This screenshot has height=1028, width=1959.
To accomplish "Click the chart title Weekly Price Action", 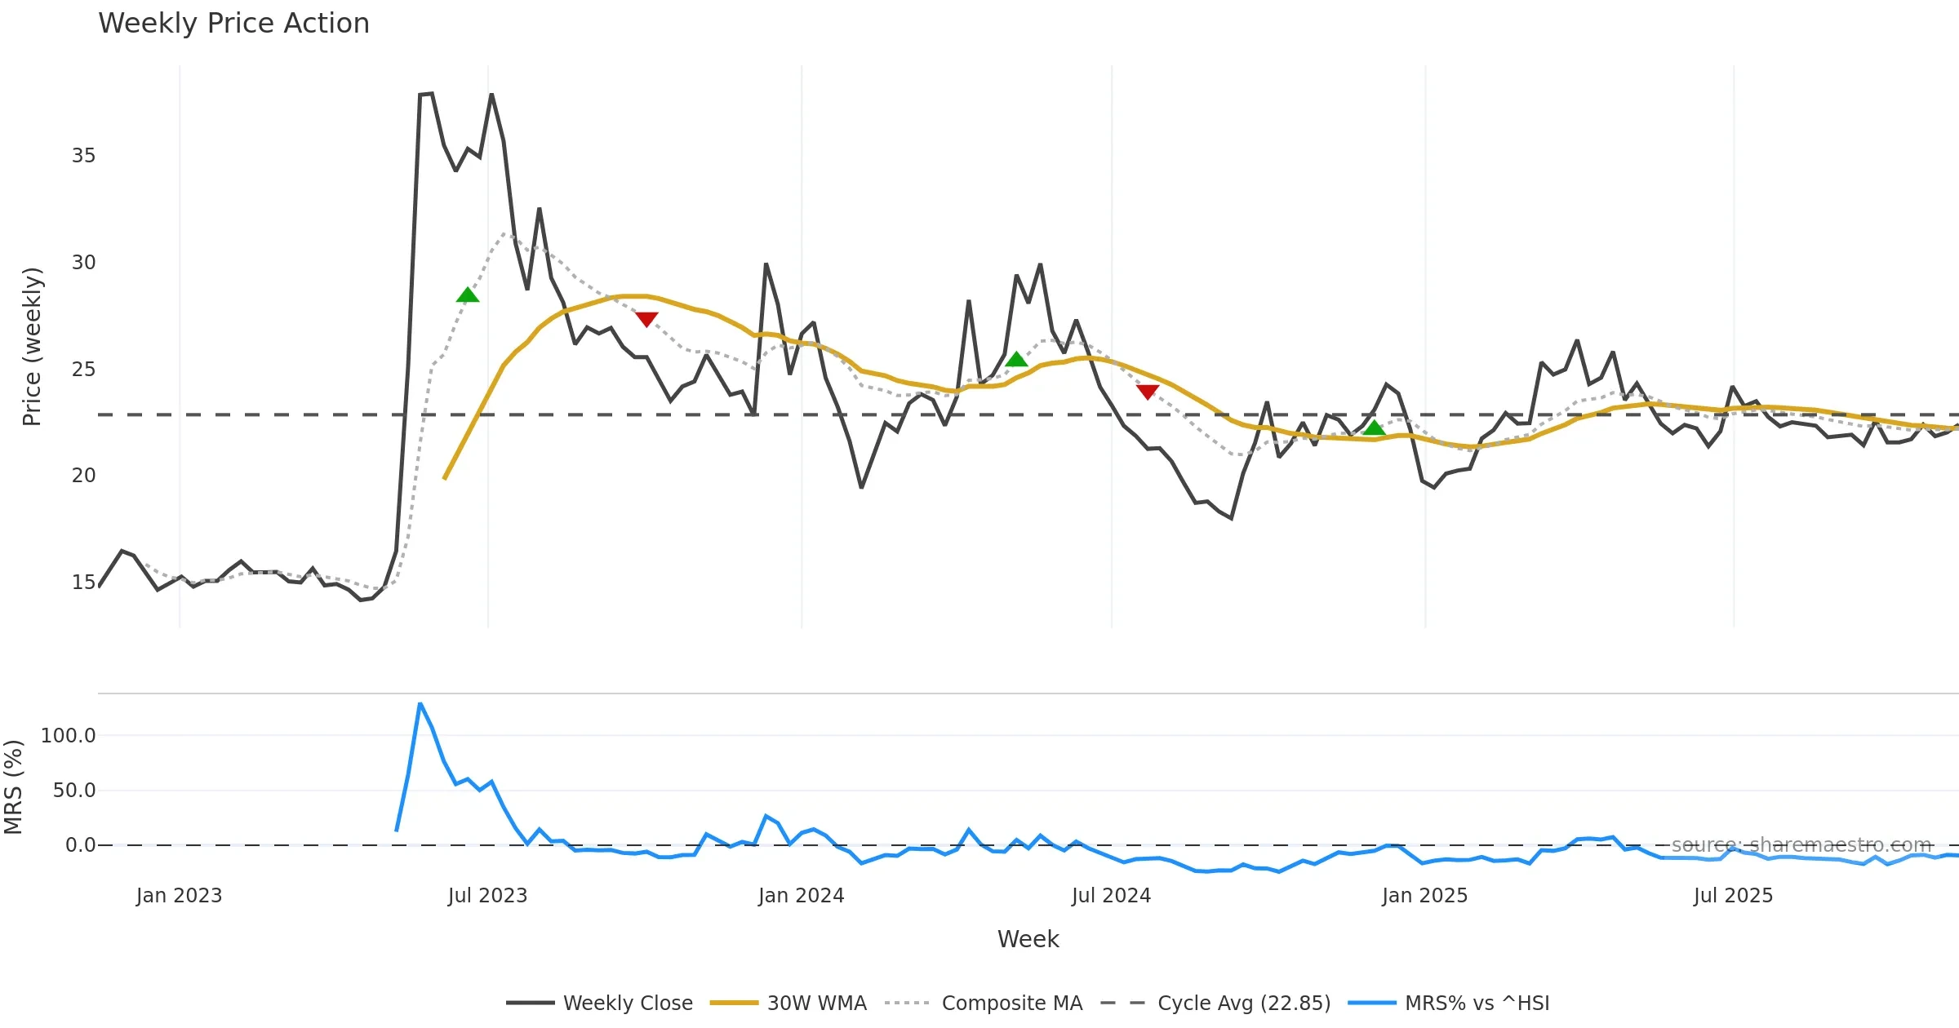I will tap(233, 24).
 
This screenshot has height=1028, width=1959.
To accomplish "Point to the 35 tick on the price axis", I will tap(83, 156).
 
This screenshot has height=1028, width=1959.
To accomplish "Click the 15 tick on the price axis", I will tap(83, 583).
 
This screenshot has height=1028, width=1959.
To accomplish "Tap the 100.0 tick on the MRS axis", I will tap(69, 736).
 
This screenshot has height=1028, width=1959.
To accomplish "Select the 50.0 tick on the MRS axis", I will tap(74, 791).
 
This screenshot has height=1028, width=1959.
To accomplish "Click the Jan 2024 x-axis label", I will tap(801, 896).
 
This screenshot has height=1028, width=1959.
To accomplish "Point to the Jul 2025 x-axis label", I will tap(1733, 896).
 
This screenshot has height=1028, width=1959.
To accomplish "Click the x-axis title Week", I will tap(1028, 939).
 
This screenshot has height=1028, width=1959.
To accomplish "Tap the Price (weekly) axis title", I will tap(32, 347).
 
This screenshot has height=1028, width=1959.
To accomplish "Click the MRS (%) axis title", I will tap(13, 787).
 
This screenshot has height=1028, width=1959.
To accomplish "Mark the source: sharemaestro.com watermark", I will tap(1801, 845).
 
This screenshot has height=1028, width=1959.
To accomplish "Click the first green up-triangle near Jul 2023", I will tap(468, 295).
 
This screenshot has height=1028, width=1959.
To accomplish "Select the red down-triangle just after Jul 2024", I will tap(1148, 392).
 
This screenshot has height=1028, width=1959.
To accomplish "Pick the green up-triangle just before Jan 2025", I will tap(1375, 428).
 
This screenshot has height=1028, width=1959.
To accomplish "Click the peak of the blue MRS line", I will tap(420, 703).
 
